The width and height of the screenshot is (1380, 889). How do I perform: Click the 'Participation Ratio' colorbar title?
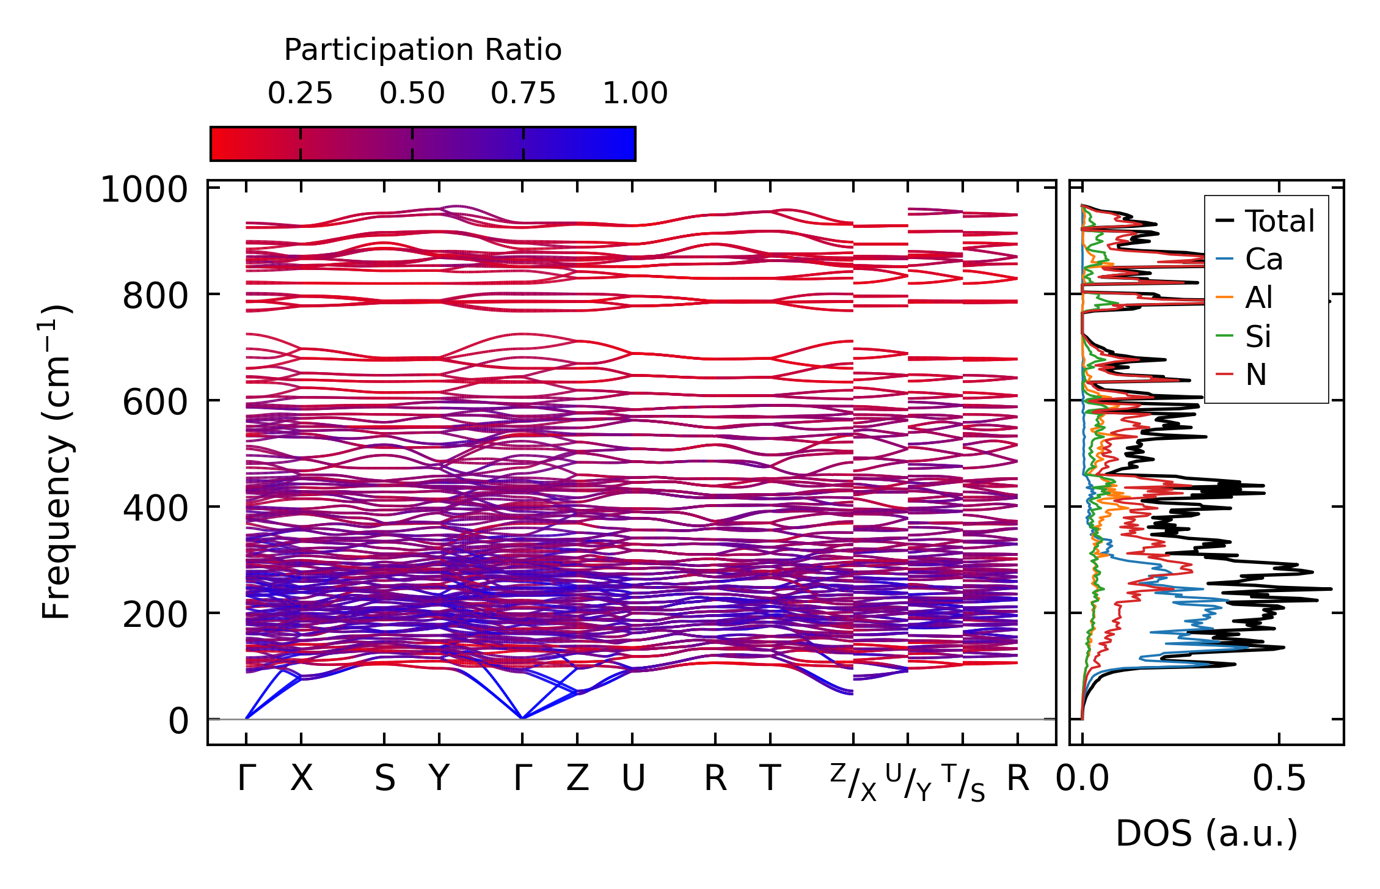pyautogui.click(x=423, y=50)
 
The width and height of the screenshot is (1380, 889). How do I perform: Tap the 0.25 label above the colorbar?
pyautogui.click(x=300, y=93)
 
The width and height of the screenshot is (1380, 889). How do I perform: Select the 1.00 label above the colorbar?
pyautogui.click(x=635, y=93)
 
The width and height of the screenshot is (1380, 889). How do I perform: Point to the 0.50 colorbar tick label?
pyautogui.click(x=412, y=93)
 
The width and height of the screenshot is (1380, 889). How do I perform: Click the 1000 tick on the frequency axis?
pyautogui.click(x=144, y=189)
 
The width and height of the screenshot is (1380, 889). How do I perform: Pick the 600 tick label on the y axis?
pyautogui.click(x=155, y=402)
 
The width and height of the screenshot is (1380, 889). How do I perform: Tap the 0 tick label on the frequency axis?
pyautogui.click(x=178, y=721)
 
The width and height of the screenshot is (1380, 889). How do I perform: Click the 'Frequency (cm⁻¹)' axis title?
pyautogui.click(x=56, y=462)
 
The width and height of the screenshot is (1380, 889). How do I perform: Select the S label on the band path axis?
pyautogui.click(x=384, y=779)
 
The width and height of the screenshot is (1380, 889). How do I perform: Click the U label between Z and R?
pyautogui.click(x=633, y=779)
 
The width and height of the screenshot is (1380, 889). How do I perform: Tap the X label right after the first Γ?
pyautogui.click(x=301, y=779)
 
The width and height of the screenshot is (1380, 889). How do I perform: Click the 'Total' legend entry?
pyautogui.click(x=1279, y=221)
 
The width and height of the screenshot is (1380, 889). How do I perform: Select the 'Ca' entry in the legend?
pyautogui.click(x=1263, y=260)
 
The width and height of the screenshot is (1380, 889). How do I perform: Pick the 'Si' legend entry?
pyautogui.click(x=1258, y=337)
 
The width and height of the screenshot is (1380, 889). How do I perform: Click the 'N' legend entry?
pyautogui.click(x=1256, y=375)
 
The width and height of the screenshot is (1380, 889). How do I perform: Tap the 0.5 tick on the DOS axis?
pyautogui.click(x=1279, y=779)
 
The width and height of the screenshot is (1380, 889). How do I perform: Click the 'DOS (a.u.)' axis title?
pyautogui.click(x=1207, y=833)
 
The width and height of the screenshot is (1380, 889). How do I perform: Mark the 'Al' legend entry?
pyautogui.click(x=1258, y=298)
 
